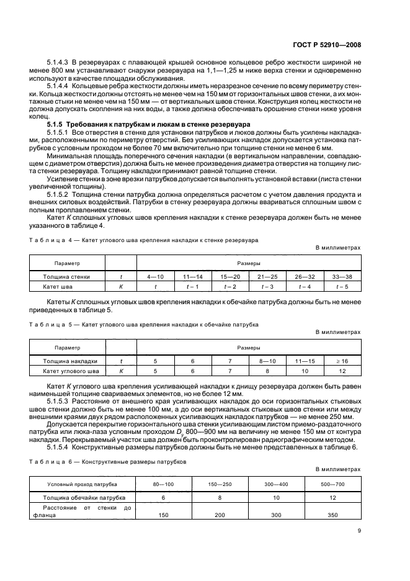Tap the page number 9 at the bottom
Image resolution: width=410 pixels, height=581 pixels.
coord(359,530)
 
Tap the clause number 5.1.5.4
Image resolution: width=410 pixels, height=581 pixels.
coord(60,446)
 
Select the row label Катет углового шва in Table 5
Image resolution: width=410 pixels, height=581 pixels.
coord(66,371)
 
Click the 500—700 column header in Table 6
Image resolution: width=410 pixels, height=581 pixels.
coord(332,484)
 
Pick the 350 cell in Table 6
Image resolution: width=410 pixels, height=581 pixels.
coord(332,515)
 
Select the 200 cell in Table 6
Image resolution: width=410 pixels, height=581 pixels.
coord(220,515)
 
